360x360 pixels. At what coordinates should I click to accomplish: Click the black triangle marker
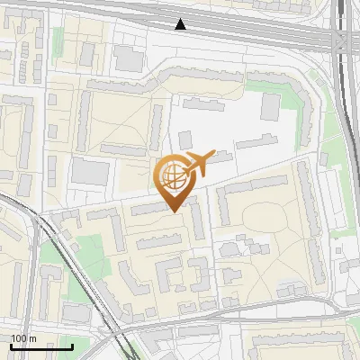[181, 24]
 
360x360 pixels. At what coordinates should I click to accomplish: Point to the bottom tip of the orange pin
[172, 211]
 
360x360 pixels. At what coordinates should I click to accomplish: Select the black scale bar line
[41, 346]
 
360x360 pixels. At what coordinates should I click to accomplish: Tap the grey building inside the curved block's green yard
[270, 107]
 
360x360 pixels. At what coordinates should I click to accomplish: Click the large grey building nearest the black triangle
[129, 59]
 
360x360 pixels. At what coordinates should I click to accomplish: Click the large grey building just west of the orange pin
[89, 171]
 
